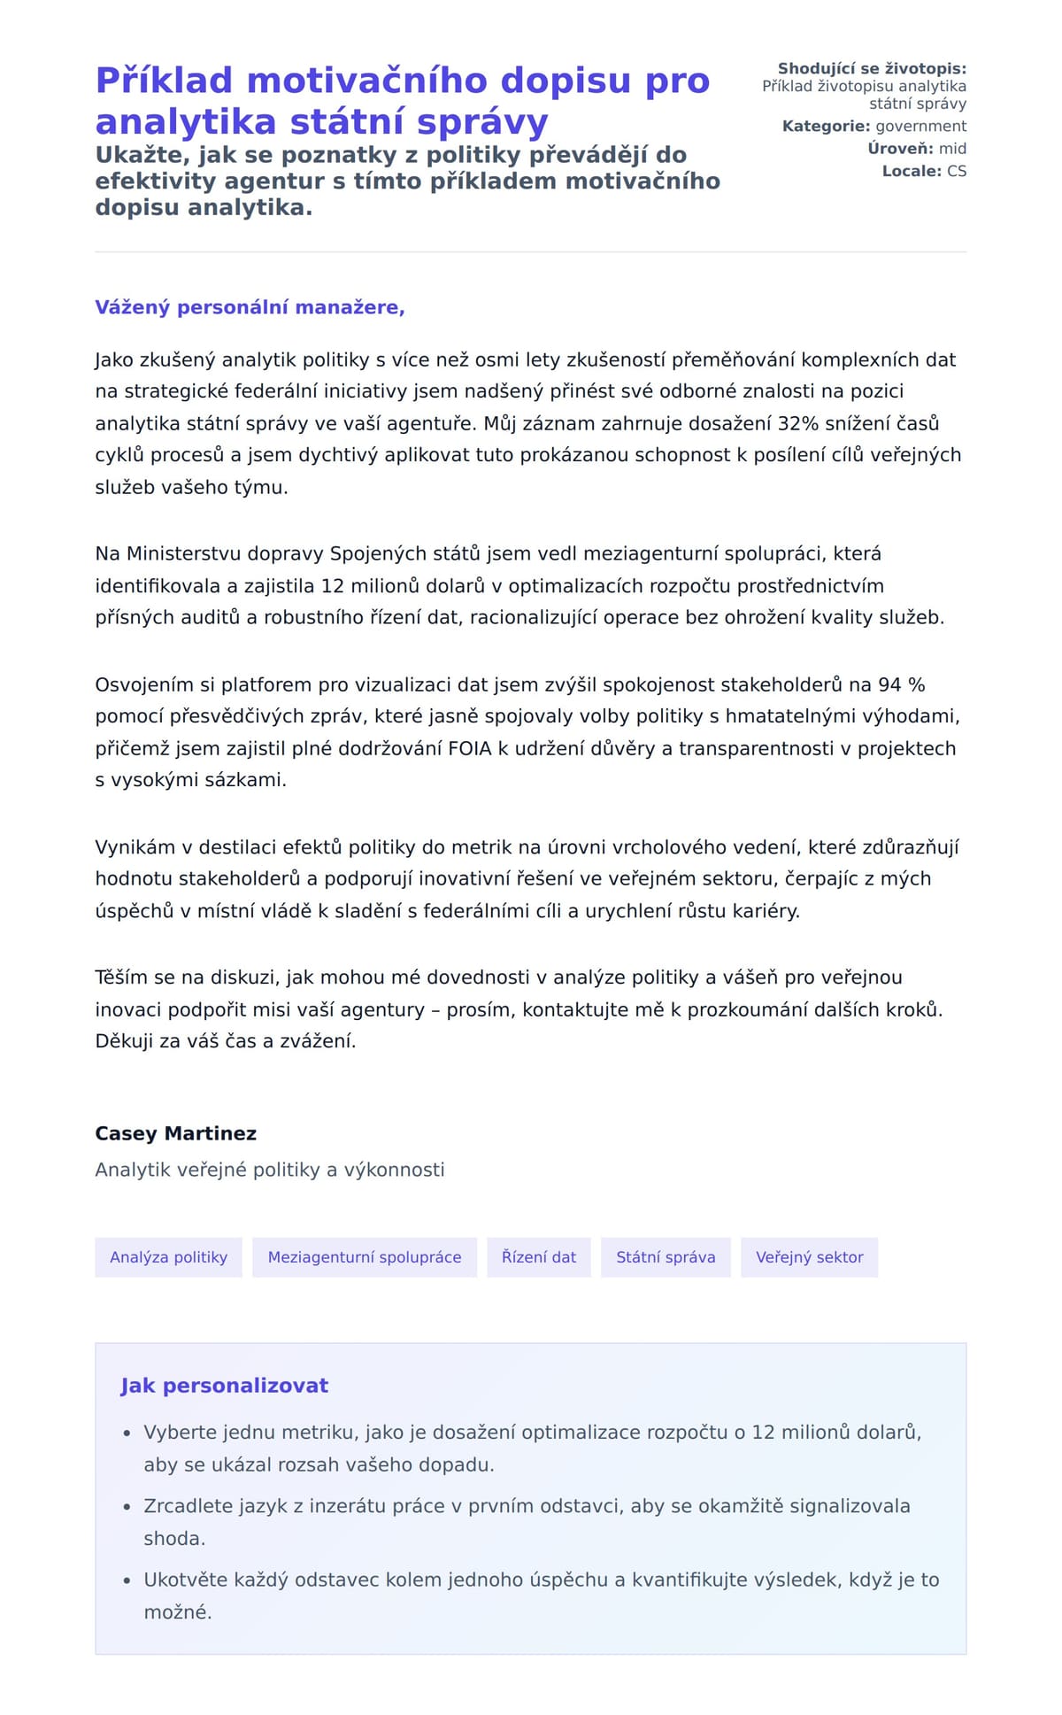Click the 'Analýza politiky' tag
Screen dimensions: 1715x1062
[168, 1257]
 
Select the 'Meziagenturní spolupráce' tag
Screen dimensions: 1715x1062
[365, 1257]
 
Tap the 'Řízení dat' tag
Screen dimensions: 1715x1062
[538, 1257]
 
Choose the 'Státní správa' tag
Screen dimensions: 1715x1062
[666, 1257]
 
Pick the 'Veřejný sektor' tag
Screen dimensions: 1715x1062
[809, 1257]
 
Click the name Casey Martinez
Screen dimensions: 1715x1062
[175, 1133]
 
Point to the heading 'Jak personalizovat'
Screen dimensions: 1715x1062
[224, 1386]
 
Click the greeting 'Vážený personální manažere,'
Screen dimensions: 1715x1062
[250, 307]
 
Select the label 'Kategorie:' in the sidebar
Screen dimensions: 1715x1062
[826, 127]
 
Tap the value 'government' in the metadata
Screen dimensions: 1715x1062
[920, 127]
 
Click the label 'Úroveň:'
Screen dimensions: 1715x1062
[900, 149]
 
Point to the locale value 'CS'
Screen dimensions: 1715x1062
[957, 171]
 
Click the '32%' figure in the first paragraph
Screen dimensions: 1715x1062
[797, 423]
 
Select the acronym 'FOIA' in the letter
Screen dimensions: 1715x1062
[469, 748]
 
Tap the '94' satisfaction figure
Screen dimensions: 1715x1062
[890, 684]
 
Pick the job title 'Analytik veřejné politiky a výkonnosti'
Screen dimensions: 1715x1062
[269, 1170]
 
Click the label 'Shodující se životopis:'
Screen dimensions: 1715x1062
[872, 69]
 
